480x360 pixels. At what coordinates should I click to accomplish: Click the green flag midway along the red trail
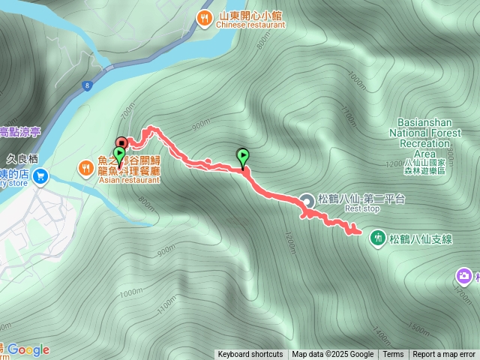pyautogui.click(x=243, y=157)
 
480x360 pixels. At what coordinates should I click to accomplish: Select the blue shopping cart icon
pyautogui.click(x=40, y=177)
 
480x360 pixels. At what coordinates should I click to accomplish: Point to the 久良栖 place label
pyautogui.click(x=22, y=159)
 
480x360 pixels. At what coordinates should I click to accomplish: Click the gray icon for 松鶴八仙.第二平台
pyautogui.click(x=307, y=199)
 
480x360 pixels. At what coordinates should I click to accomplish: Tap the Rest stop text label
pyautogui.click(x=364, y=209)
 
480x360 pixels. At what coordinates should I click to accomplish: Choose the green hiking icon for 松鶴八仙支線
pyautogui.click(x=378, y=238)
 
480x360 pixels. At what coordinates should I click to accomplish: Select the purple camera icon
pyautogui.click(x=465, y=277)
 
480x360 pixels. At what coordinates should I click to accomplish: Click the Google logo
pyautogui.click(x=28, y=349)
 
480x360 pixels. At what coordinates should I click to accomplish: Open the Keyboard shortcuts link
pyautogui.click(x=250, y=355)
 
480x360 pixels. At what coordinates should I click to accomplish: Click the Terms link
pyautogui.click(x=393, y=355)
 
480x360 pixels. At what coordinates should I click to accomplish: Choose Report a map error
pyautogui.click(x=445, y=355)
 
